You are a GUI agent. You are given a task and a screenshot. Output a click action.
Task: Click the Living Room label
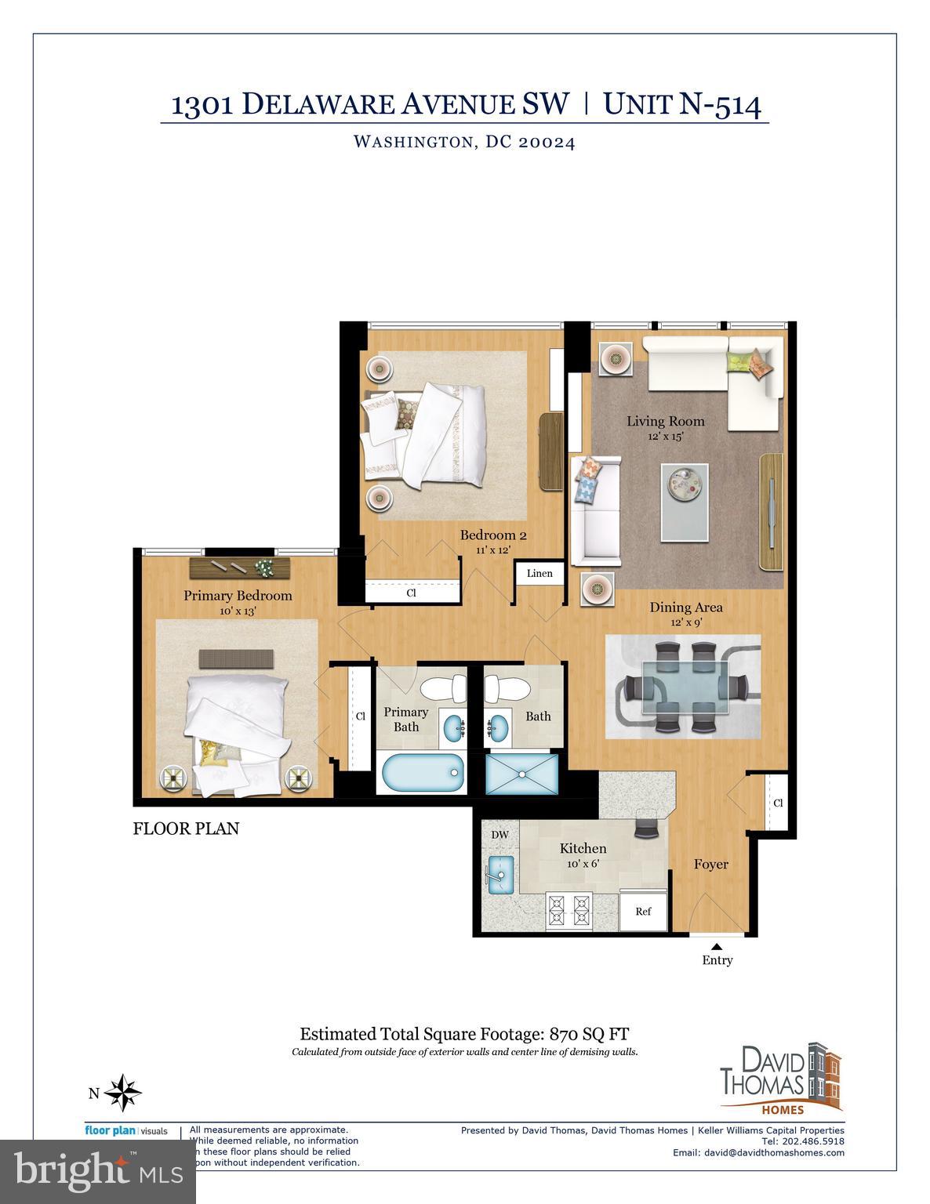click(x=665, y=421)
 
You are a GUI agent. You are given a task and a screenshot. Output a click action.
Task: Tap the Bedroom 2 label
click(x=492, y=535)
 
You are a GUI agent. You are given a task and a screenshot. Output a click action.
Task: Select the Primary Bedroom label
click(x=238, y=596)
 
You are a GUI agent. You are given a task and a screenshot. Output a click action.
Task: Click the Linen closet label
click(x=539, y=573)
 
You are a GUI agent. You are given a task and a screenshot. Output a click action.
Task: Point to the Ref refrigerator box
click(x=643, y=911)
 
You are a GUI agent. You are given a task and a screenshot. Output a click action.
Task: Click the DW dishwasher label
click(x=500, y=835)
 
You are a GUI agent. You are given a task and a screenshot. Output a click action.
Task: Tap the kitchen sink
click(x=500, y=875)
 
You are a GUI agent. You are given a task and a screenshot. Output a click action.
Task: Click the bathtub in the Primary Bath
click(x=422, y=772)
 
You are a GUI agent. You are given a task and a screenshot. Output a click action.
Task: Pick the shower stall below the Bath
click(x=522, y=773)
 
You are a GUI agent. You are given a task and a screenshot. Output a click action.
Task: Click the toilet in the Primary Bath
click(x=443, y=689)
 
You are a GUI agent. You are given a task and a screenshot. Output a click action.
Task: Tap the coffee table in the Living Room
click(x=684, y=502)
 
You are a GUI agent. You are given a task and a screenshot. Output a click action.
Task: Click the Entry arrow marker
click(x=717, y=947)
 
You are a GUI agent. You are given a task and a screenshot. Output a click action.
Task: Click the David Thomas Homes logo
click(x=780, y=1078)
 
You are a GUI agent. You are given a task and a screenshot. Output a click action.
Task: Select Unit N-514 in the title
click(x=682, y=104)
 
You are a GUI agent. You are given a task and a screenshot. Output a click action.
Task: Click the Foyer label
click(x=710, y=864)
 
